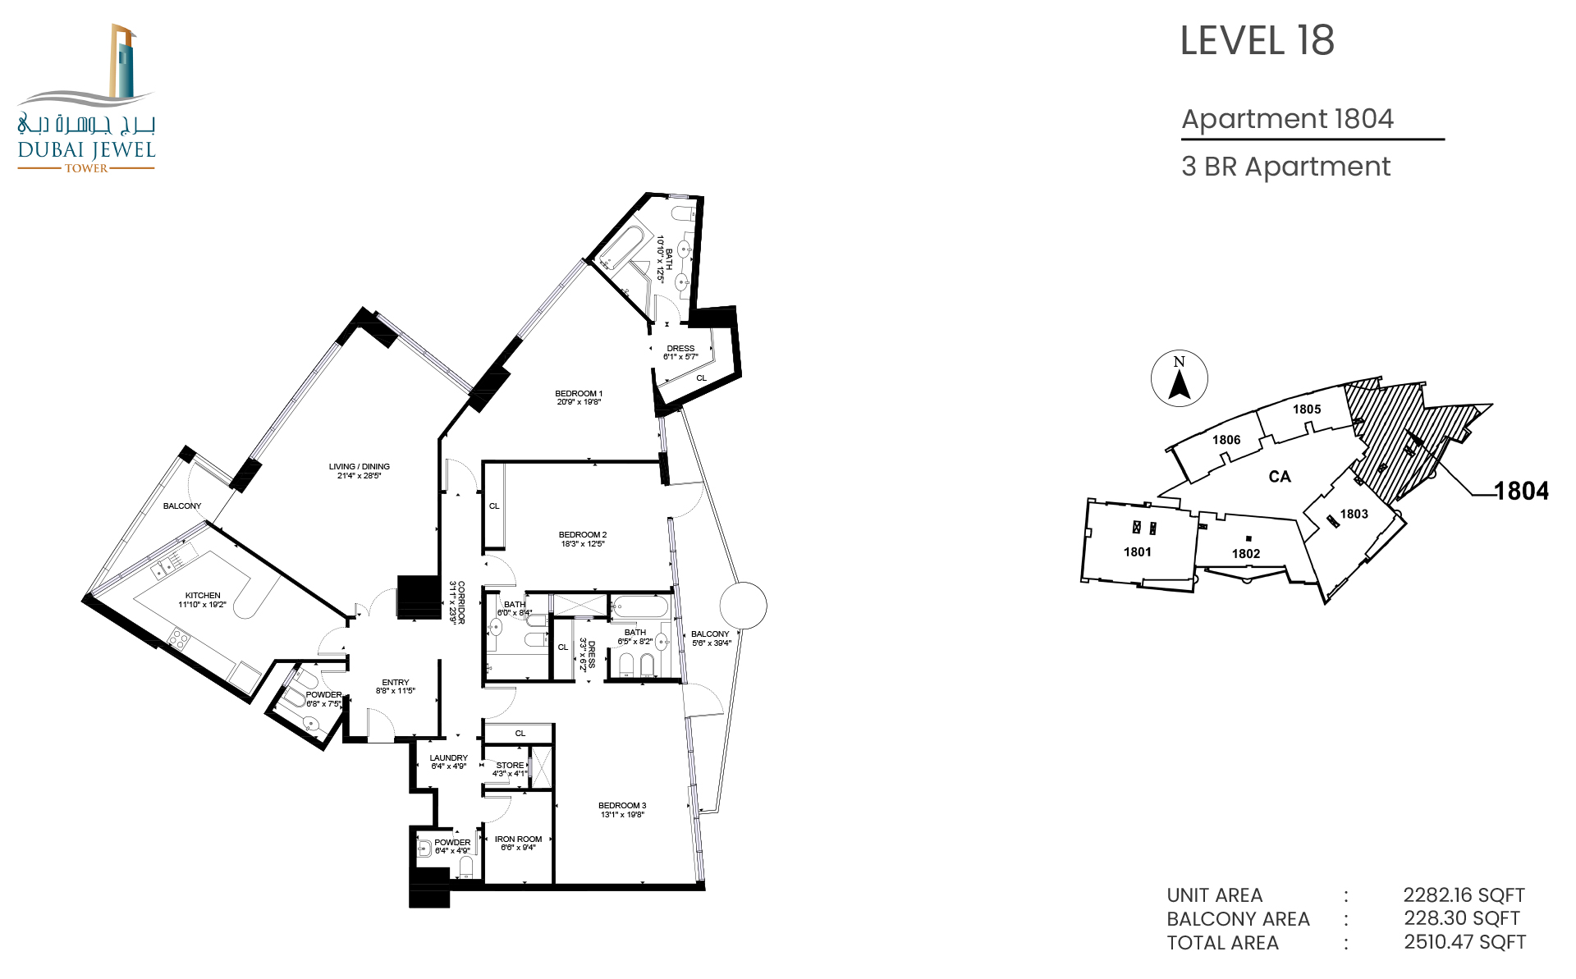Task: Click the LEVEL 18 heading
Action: (x=1257, y=41)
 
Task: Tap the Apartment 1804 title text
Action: (x=1287, y=119)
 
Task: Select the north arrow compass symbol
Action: (x=1179, y=378)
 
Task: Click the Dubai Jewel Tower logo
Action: (x=86, y=98)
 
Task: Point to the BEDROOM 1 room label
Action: (x=579, y=394)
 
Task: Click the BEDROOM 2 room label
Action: (x=583, y=535)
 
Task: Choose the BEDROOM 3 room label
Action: (x=622, y=806)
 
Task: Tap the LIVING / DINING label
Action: (x=360, y=467)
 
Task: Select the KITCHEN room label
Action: (x=203, y=596)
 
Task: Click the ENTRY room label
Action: (x=396, y=683)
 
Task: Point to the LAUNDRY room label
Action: (x=449, y=758)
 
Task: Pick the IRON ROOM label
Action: (x=518, y=839)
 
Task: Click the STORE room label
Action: (x=510, y=766)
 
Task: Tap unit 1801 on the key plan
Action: (x=1138, y=552)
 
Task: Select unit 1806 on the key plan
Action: (x=1226, y=440)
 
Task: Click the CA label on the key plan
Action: (x=1280, y=477)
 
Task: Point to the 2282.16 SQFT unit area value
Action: (x=1464, y=895)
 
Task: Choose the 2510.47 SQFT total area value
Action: (x=1464, y=942)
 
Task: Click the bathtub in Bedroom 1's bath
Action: (x=621, y=248)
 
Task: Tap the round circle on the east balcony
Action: (x=744, y=606)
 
